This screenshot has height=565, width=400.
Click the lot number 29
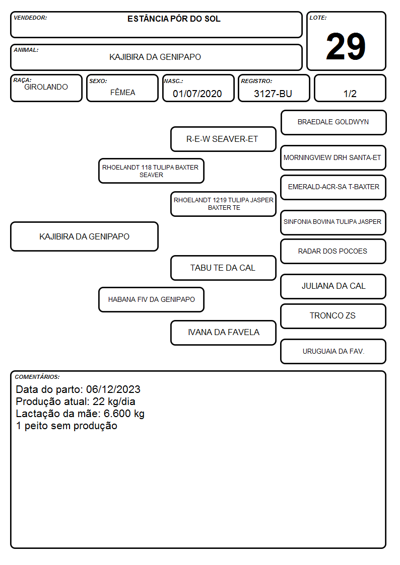(346, 46)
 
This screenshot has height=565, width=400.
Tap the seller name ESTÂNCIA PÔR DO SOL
(174, 19)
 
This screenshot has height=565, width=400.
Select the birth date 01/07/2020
(197, 94)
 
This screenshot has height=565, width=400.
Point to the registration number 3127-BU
(273, 94)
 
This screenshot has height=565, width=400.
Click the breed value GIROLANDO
(46, 87)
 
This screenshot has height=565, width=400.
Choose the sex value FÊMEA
(122, 92)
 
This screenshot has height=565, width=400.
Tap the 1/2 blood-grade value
(350, 94)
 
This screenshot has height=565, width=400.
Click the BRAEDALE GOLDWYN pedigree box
(334, 122)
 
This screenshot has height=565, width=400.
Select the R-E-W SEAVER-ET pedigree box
(223, 139)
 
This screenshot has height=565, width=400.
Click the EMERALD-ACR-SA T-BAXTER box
(334, 187)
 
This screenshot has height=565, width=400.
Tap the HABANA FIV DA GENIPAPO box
(152, 299)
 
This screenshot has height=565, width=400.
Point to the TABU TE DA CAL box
(223, 268)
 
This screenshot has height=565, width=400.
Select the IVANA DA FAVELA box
(223, 333)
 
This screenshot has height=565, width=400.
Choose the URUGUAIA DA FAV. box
(334, 351)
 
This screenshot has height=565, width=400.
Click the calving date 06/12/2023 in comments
(113, 389)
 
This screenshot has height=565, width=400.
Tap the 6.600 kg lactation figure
(124, 414)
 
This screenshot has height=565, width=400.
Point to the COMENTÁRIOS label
(37, 377)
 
